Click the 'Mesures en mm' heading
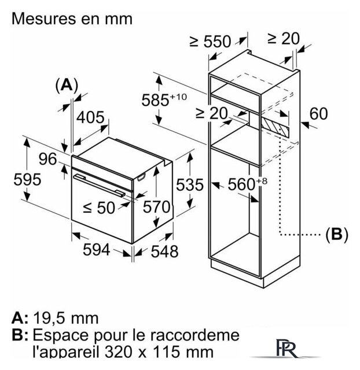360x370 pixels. pyautogui.click(x=72, y=18)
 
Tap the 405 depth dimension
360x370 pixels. pyautogui.click(x=90, y=117)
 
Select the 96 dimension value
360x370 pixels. pyautogui.click(x=47, y=159)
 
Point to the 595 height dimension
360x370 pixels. pyautogui.click(x=27, y=179)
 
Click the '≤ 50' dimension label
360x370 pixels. pyautogui.click(x=99, y=208)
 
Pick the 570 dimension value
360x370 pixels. pyautogui.click(x=157, y=207)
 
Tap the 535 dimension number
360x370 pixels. pyautogui.click(x=190, y=184)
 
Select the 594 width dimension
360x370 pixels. pyautogui.click(x=97, y=250)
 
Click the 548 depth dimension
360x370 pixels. pyautogui.click(x=164, y=251)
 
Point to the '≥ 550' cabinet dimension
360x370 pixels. pyautogui.click(x=210, y=42)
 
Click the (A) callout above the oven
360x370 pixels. pyautogui.click(x=67, y=85)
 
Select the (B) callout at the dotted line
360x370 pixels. pyautogui.click(x=337, y=234)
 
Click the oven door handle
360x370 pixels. pyautogui.click(x=99, y=185)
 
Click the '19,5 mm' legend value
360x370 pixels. pyautogui.click(x=65, y=318)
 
